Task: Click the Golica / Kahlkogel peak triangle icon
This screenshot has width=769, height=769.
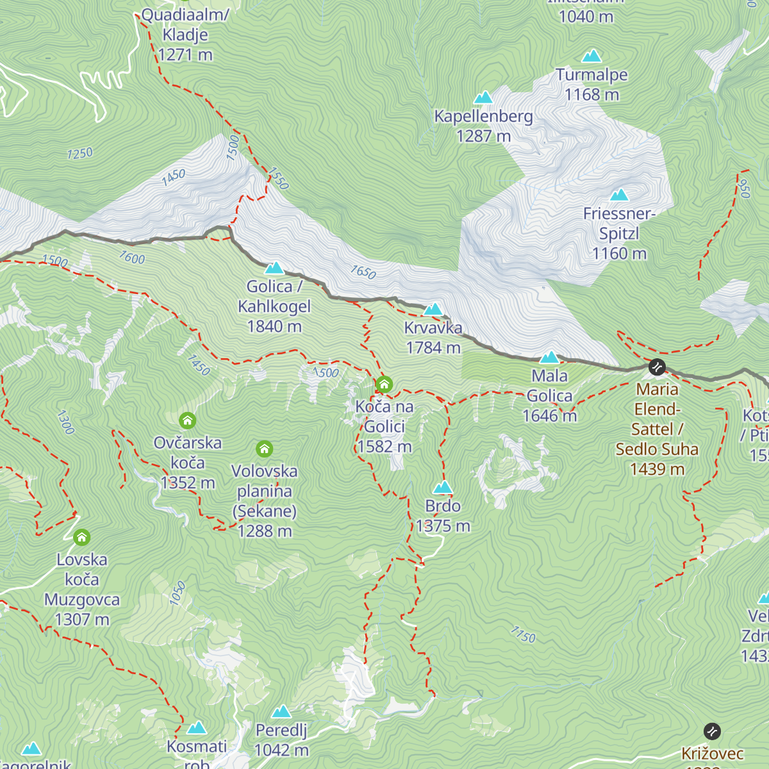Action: point(274,267)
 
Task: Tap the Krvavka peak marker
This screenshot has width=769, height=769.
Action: point(433,309)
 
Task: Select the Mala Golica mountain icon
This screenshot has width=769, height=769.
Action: point(550,357)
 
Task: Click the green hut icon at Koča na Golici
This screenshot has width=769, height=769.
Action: point(384,384)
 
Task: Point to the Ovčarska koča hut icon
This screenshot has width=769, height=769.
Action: point(187,420)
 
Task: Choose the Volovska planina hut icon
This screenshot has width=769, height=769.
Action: point(264,449)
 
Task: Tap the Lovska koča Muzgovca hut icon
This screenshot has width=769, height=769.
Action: point(81,537)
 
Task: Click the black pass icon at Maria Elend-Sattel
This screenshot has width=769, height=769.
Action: point(657,367)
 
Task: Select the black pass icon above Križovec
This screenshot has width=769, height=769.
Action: point(712,731)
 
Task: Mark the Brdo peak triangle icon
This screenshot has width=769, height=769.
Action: point(443,488)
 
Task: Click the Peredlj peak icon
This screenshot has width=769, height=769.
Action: point(281,712)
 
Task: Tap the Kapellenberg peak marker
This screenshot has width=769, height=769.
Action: point(483,97)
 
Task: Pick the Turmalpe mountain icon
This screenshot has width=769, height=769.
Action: point(591,56)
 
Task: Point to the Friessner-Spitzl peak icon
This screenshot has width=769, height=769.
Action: point(619,195)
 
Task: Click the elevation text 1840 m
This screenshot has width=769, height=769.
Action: point(274,326)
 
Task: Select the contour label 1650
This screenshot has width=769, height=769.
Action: point(363,272)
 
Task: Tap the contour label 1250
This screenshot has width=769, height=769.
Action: point(80,153)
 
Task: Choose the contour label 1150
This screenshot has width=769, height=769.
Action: point(522,634)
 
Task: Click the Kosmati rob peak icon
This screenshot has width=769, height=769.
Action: point(197,727)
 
